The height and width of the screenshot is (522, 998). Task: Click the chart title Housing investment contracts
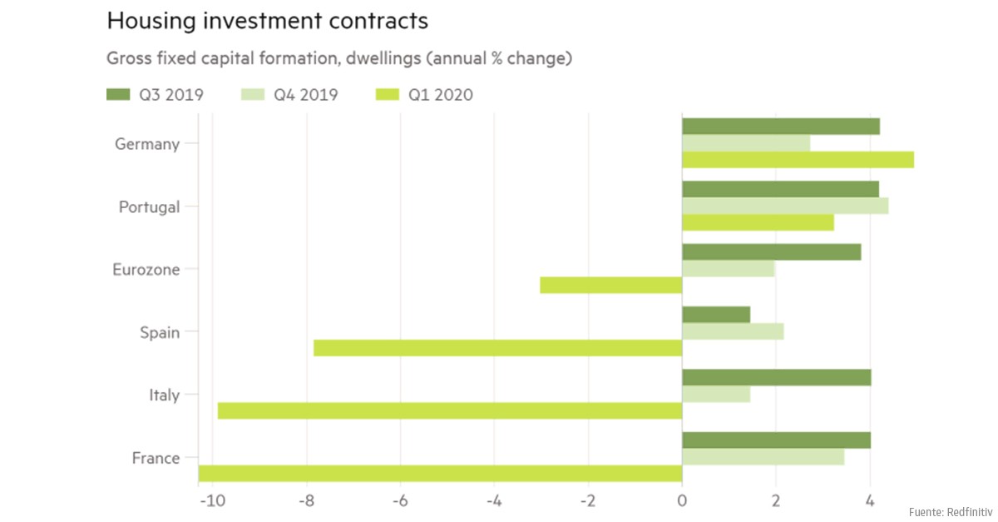(x=267, y=21)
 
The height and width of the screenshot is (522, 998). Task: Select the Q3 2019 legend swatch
(x=121, y=95)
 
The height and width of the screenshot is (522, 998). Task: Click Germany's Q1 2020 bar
(x=797, y=160)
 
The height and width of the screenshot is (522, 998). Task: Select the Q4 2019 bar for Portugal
(x=784, y=206)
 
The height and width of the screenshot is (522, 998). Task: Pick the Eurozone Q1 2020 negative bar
(x=610, y=285)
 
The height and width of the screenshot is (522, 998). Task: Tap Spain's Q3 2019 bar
(x=715, y=315)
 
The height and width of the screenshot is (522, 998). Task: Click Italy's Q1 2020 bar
(x=449, y=410)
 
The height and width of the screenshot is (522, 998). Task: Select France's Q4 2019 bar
(x=763, y=457)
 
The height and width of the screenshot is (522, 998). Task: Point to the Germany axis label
(x=147, y=144)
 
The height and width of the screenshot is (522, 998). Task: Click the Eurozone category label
(x=146, y=270)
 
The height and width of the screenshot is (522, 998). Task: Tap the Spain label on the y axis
(x=160, y=332)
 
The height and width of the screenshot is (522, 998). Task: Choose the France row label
(x=156, y=458)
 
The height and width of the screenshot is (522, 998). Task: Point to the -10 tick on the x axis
(x=211, y=500)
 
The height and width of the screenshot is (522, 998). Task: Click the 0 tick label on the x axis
(x=682, y=500)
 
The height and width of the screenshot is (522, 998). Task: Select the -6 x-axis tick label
(x=399, y=500)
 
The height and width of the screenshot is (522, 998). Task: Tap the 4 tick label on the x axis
(x=870, y=500)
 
